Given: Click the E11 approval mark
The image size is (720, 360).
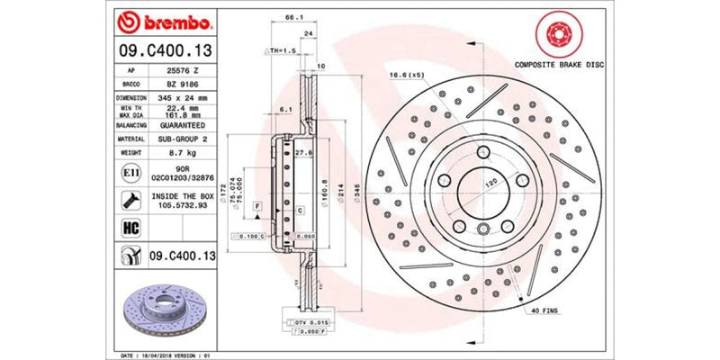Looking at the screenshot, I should (129, 171).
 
